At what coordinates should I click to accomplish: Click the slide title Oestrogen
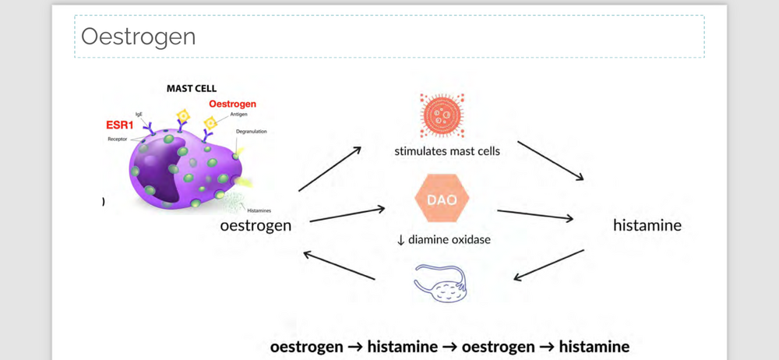click(138, 37)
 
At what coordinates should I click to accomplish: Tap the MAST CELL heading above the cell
click(192, 89)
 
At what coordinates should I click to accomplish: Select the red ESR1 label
click(120, 125)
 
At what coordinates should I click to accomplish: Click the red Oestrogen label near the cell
click(232, 104)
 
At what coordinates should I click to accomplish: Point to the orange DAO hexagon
click(442, 199)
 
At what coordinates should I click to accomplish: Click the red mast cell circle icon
click(442, 115)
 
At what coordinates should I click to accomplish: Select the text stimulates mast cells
click(447, 151)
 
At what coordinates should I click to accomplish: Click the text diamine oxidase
click(449, 239)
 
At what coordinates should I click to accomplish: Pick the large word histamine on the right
click(647, 225)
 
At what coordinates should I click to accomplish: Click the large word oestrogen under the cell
click(256, 225)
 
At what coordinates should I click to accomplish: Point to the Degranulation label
click(251, 132)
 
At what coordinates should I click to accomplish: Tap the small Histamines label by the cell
click(259, 210)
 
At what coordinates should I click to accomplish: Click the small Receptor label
click(117, 139)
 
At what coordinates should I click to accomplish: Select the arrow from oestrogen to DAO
click(347, 214)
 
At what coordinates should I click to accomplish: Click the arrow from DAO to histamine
click(534, 215)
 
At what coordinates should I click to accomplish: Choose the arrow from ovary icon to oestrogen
click(339, 266)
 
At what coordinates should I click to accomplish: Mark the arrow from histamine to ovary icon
click(549, 265)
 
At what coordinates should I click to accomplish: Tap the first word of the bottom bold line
click(306, 346)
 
